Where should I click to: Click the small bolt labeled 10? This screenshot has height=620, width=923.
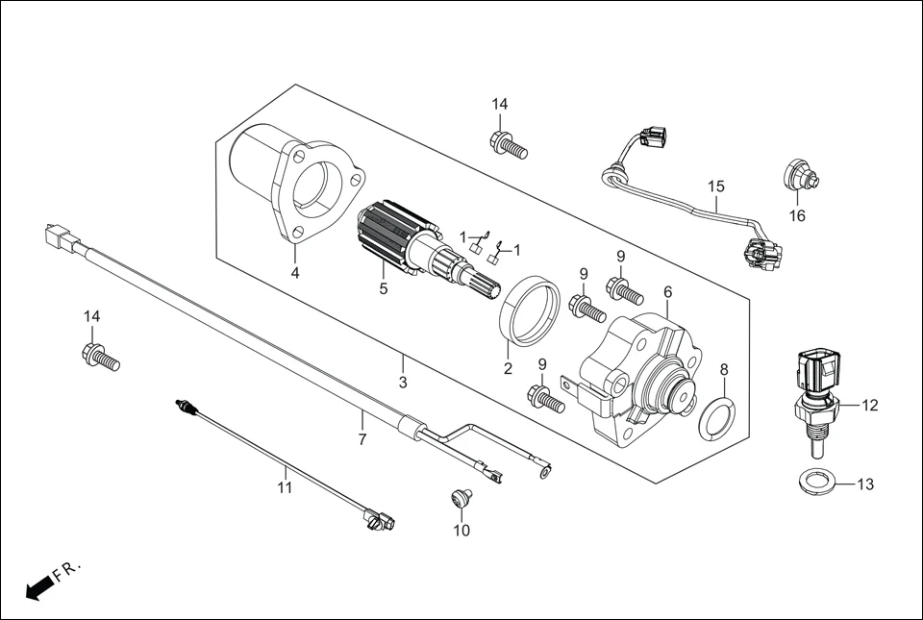click(461, 498)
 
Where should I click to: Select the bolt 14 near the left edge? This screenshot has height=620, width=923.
click(99, 357)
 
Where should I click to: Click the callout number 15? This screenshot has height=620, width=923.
click(715, 186)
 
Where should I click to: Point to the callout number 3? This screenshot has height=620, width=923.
click(403, 382)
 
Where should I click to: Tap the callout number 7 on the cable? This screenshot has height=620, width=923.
click(362, 439)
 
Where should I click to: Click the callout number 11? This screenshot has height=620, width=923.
click(285, 486)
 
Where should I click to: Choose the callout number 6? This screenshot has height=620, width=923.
click(667, 291)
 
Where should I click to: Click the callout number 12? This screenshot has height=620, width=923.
click(869, 406)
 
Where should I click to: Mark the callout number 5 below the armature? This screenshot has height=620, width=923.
click(383, 287)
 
